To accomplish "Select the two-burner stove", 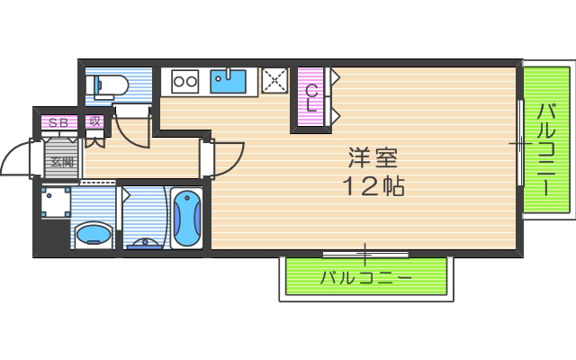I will click(184, 82).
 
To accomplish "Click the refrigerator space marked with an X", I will click(274, 82).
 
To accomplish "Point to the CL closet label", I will click(310, 97).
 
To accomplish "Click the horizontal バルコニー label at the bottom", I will click(366, 278).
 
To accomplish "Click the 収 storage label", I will click(94, 122).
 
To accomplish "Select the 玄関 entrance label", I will click(61, 163).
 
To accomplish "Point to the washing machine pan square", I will click(57, 202).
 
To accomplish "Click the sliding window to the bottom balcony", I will click(364, 254).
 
